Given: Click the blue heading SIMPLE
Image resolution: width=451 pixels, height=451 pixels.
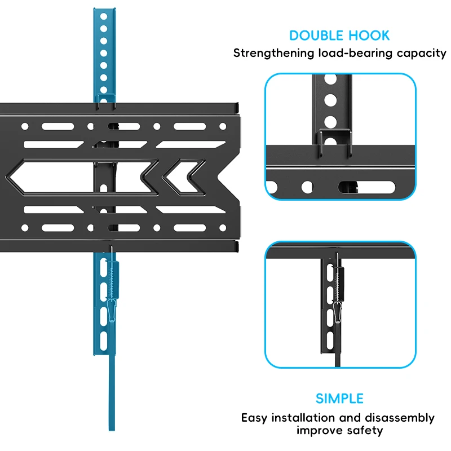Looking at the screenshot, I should tap(339, 399).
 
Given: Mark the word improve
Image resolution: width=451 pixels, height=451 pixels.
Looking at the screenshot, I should tap(319, 431).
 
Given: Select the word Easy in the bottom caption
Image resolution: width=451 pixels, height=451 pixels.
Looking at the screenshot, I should tap(255, 418).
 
